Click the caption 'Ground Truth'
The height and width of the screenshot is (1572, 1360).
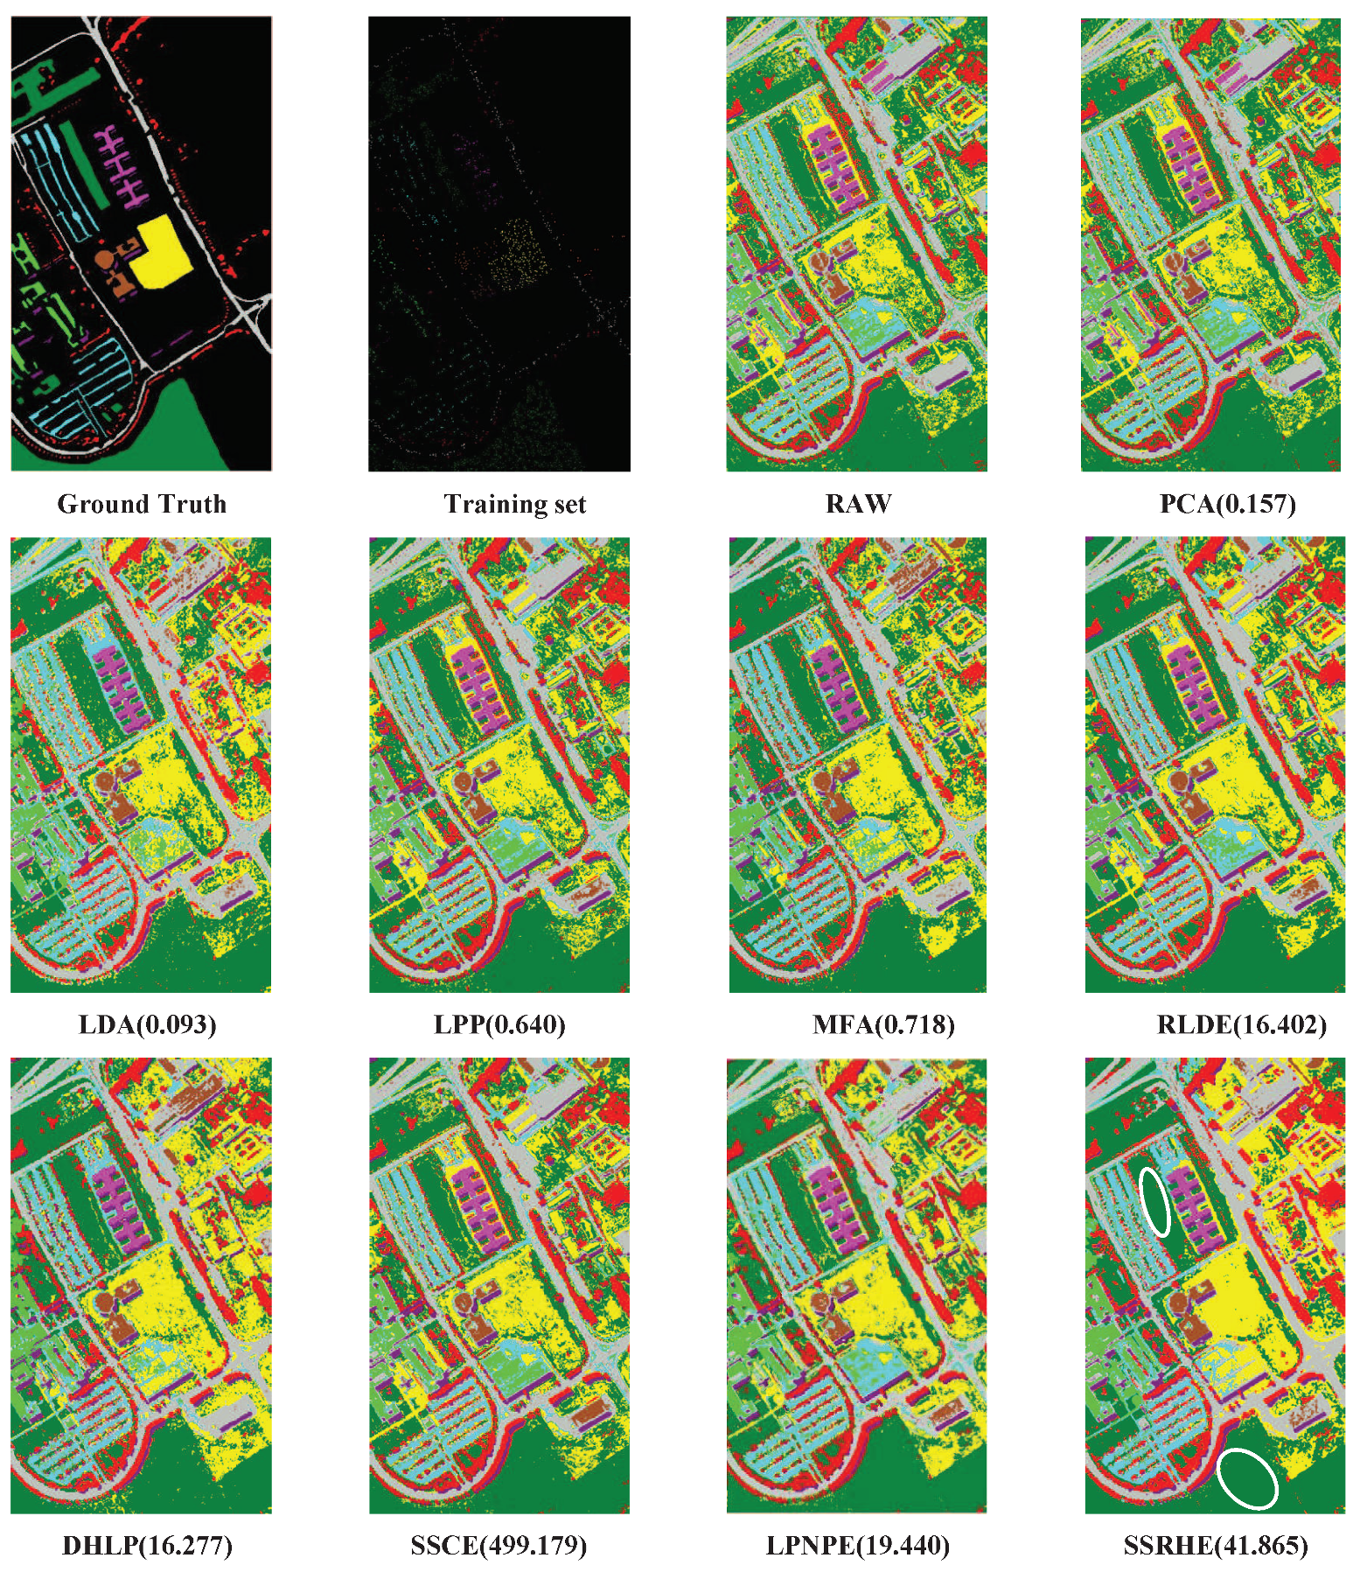[x=142, y=504]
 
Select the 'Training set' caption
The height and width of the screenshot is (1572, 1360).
[x=514, y=504]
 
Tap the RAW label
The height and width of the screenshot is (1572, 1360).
[x=858, y=504]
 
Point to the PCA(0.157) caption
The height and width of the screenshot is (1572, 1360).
[x=1227, y=504]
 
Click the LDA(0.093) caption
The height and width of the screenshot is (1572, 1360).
[x=147, y=1024]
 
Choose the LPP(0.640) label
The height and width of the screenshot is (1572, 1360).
[x=499, y=1024]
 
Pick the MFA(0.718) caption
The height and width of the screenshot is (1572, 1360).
[x=883, y=1024]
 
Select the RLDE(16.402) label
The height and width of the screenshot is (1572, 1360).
[x=1241, y=1024]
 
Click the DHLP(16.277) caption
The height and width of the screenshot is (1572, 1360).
[x=147, y=1546]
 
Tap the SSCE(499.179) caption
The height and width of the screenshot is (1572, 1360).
[x=499, y=1546]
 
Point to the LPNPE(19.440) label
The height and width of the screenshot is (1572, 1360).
[x=857, y=1546]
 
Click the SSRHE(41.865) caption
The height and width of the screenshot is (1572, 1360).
[x=1216, y=1546]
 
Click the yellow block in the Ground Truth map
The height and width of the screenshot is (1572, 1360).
[x=162, y=253]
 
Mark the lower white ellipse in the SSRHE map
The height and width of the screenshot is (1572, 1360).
[x=1247, y=1478]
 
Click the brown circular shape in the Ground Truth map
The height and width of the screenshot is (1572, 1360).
[x=103, y=261]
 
